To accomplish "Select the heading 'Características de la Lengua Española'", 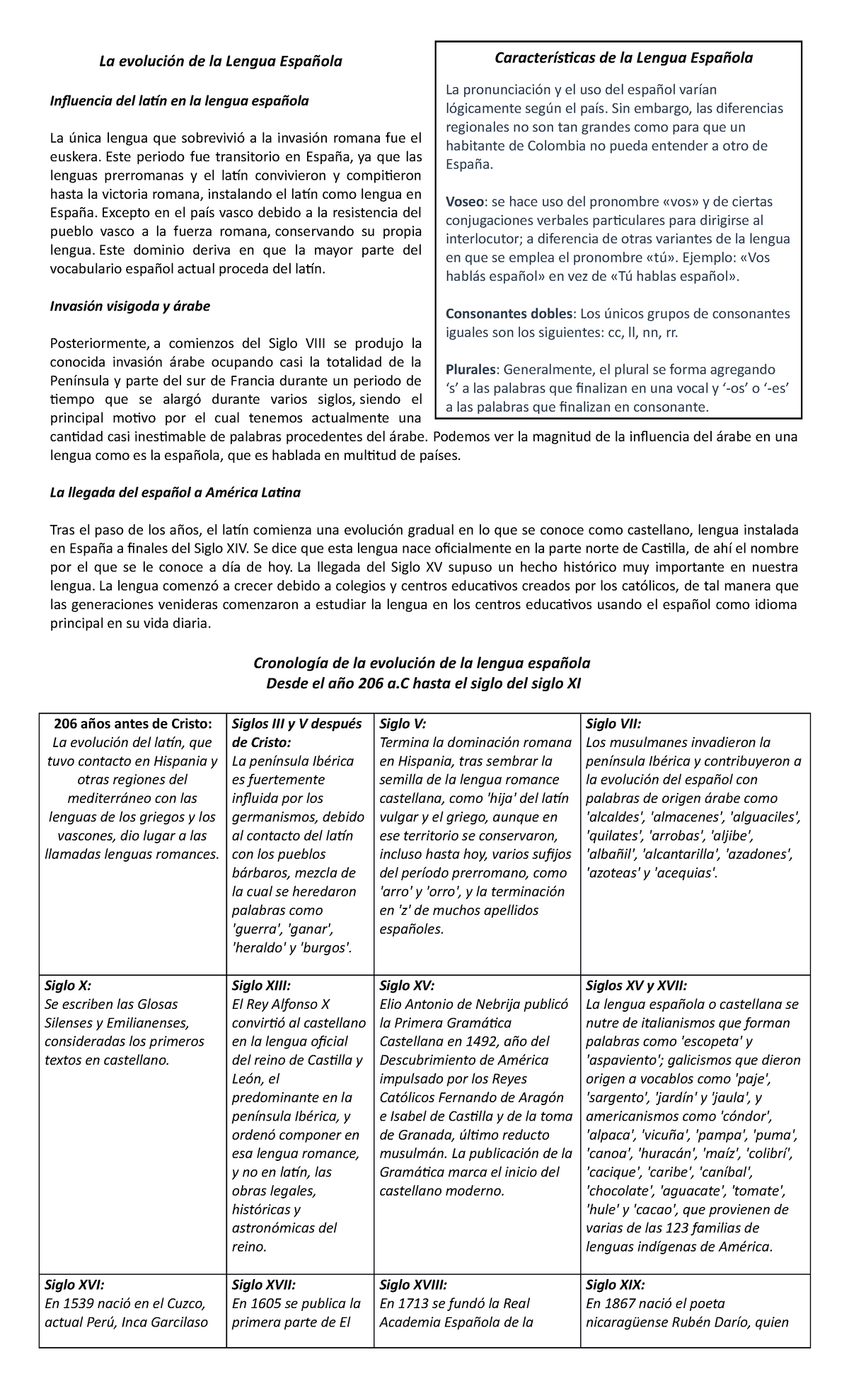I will click(623, 58).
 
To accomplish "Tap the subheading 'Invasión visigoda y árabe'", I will click(129, 306).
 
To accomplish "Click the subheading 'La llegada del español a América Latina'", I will click(175, 492).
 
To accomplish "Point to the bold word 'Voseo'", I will click(465, 201).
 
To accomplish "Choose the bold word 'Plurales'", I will click(472, 369).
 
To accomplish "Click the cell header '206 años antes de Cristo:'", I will click(132, 723).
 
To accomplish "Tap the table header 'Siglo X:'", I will click(68, 985).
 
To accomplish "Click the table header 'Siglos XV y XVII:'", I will click(636, 985).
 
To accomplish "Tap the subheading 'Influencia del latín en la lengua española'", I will click(179, 101).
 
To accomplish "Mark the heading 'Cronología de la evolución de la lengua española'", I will click(421, 663).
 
